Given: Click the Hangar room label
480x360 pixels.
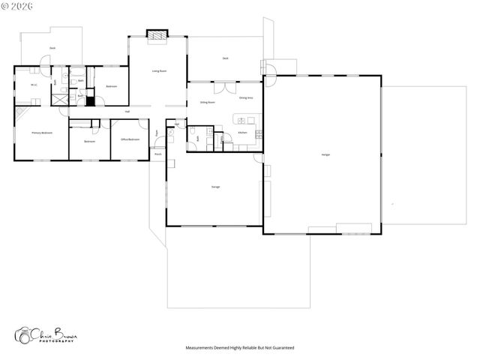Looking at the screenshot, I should click(325, 154).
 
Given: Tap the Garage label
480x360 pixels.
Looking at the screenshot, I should click(215, 187).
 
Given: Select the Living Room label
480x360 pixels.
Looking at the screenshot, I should click(159, 71).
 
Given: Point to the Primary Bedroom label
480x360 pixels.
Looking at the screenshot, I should click(41, 133).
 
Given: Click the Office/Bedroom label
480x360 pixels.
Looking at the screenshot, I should click(130, 139).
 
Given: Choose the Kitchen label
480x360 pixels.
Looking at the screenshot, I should click(242, 133).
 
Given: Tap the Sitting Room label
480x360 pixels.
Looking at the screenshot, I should click(208, 102).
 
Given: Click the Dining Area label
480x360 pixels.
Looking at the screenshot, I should click(246, 98).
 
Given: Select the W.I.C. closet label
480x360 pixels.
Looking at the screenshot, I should click(34, 85).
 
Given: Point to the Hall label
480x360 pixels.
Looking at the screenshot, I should click(127, 112).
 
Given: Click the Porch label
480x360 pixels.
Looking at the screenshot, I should click(158, 154).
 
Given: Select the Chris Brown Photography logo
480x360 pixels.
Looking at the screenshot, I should click(49, 336).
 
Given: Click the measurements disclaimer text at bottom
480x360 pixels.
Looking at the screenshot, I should click(240, 348).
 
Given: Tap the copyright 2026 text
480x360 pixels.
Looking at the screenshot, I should click(19, 6).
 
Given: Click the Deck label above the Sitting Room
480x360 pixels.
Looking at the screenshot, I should click(225, 58).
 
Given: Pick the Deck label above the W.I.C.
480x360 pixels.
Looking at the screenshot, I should click(52, 48).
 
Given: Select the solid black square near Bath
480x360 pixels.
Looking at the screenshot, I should click(90, 101).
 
